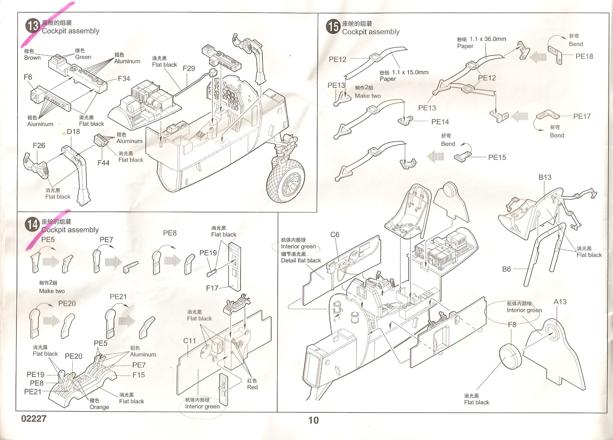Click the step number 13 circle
coord(33,27)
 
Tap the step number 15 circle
coord(333,27)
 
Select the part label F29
coord(189,68)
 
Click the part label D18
coord(73,132)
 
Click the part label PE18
coord(584,56)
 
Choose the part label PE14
coord(440,122)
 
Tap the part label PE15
coord(497,158)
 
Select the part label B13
coord(545,178)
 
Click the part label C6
coord(335,235)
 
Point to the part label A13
coord(560,302)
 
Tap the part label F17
coord(212,288)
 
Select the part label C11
coord(190,341)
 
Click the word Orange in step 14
coord(99,407)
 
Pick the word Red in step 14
coord(252,387)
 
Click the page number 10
coord(313,420)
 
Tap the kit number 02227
coord(34,419)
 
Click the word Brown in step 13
coord(32,58)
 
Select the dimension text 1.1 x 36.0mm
coord(488,39)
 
